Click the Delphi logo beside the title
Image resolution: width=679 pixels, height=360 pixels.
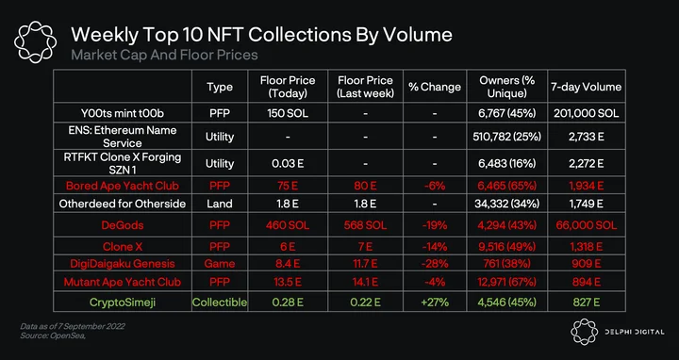tap(35, 42)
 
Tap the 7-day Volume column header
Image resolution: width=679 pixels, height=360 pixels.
tap(586, 87)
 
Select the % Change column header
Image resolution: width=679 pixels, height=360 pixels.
tap(435, 87)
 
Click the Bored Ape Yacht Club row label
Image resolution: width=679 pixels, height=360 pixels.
tap(122, 186)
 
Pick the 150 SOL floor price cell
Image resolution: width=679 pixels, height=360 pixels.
tap(288, 113)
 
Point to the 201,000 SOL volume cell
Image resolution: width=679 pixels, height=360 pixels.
tap(587, 113)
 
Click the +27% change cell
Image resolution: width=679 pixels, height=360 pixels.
tap(435, 302)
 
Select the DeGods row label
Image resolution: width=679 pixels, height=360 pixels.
tap(122, 225)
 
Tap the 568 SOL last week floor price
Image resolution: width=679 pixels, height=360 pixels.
tap(366, 225)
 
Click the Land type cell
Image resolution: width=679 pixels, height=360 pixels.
tap(220, 204)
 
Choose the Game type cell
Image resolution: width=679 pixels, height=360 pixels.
tap(220, 264)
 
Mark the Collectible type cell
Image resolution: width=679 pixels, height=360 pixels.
tap(220, 302)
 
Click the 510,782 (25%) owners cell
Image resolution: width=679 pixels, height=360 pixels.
tap(507, 137)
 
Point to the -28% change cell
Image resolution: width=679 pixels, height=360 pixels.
tap(435, 264)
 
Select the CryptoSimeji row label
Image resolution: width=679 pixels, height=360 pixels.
tap(122, 302)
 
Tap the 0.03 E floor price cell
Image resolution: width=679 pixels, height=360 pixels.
tap(288, 164)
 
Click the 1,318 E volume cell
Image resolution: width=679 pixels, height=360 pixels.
tap(587, 247)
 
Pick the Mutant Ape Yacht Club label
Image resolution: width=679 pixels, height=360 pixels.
tap(122, 282)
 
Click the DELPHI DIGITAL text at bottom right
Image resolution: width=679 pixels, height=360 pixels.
tap(635, 332)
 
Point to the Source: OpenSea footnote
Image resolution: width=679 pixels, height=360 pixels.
tap(53, 335)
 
